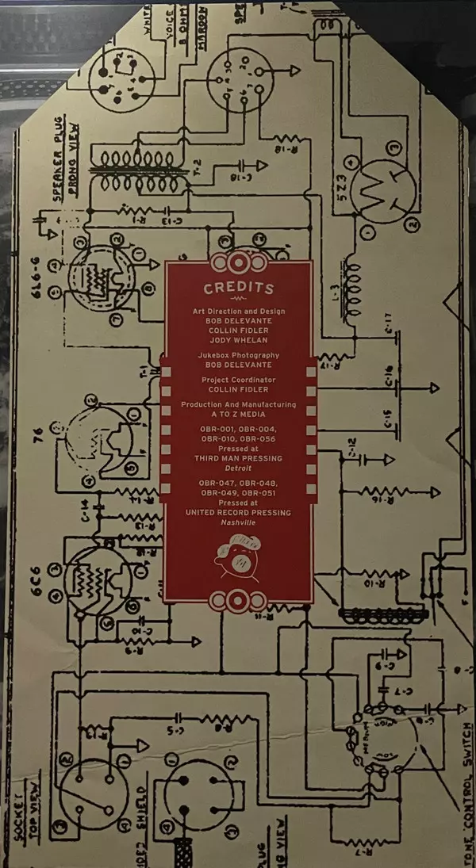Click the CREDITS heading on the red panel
(x=238, y=289)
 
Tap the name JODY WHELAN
(x=238, y=339)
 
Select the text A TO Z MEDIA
(x=238, y=415)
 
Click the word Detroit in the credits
(x=238, y=469)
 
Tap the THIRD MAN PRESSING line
(x=238, y=459)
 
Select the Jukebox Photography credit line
(x=238, y=356)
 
